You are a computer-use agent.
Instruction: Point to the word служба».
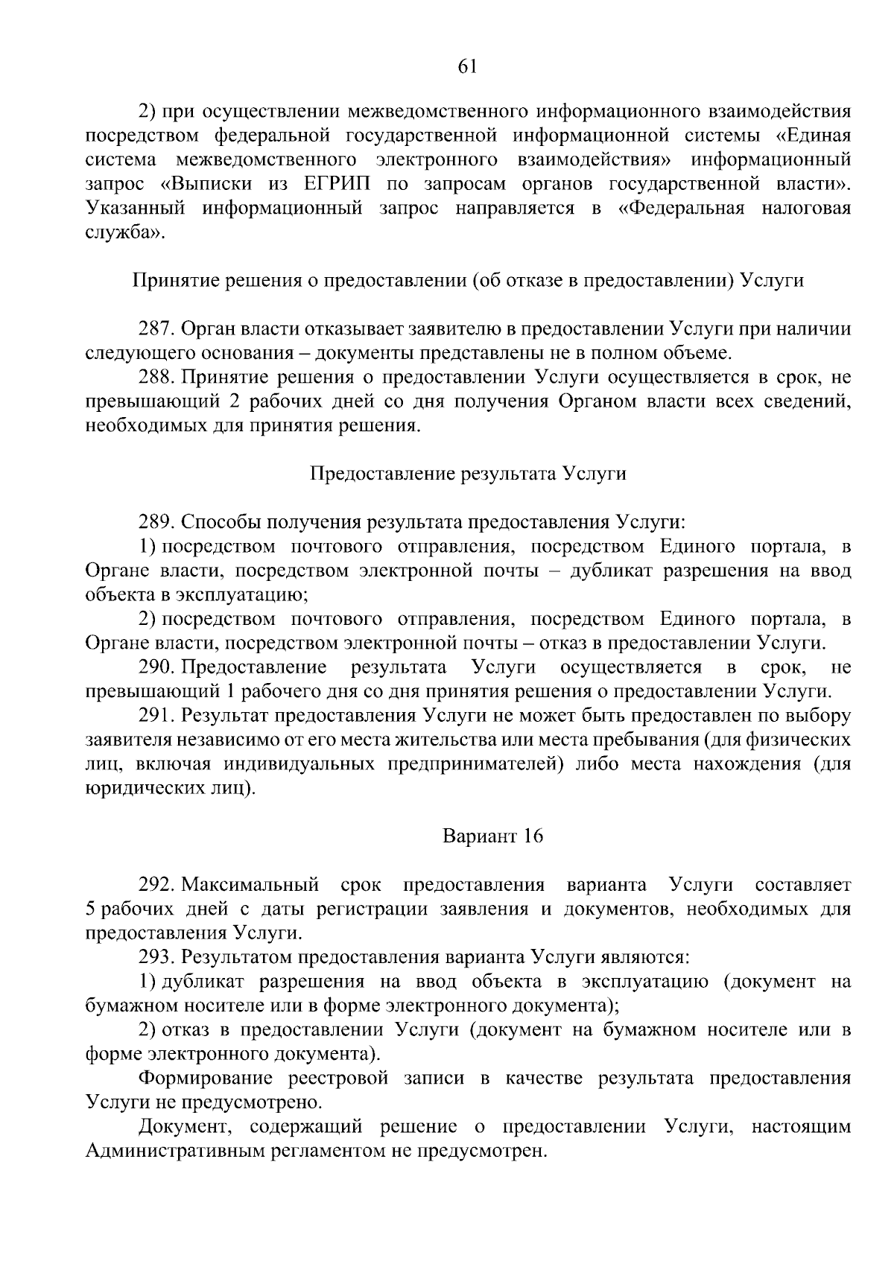[x=122, y=232]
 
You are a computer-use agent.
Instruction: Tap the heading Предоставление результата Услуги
[x=467, y=474]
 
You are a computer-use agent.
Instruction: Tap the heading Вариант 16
[x=492, y=836]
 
